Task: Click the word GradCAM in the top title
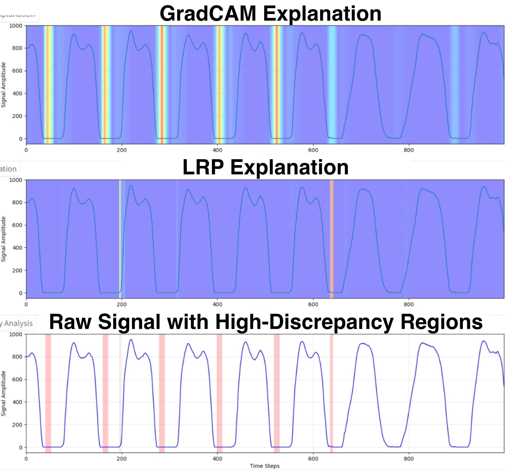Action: (x=208, y=14)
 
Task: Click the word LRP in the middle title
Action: (x=203, y=168)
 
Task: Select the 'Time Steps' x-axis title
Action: (x=265, y=466)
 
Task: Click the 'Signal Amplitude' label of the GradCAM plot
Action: (x=4, y=85)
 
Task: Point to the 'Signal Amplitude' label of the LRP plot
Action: (x=4, y=239)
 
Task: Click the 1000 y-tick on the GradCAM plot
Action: (x=16, y=26)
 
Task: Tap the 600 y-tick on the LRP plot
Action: (x=17, y=225)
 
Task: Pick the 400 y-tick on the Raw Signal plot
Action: (x=17, y=402)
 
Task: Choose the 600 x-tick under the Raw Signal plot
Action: (x=313, y=459)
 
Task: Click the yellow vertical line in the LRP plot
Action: (x=120, y=239)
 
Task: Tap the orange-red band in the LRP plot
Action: (x=332, y=239)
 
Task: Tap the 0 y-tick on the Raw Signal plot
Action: (x=21, y=447)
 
